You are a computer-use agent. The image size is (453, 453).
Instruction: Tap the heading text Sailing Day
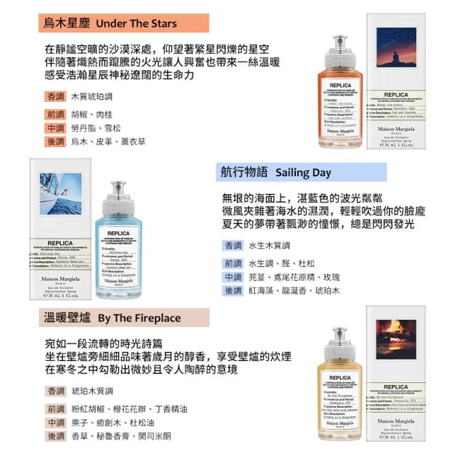[303, 173]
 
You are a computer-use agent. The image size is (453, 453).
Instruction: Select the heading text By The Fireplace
[139, 317]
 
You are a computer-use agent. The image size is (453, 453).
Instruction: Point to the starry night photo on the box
[401, 62]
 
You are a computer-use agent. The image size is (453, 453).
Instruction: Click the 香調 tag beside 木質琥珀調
[55, 96]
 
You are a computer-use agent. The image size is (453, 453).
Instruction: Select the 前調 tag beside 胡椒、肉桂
[55, 114]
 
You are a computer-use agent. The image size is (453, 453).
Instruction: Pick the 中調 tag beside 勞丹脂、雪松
[55, 128]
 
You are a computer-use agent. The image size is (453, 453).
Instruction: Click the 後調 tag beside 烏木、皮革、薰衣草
[55, 142]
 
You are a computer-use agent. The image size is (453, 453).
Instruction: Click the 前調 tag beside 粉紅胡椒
[55, 408]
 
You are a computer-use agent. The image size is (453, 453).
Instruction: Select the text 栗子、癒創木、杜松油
[109, 423]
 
